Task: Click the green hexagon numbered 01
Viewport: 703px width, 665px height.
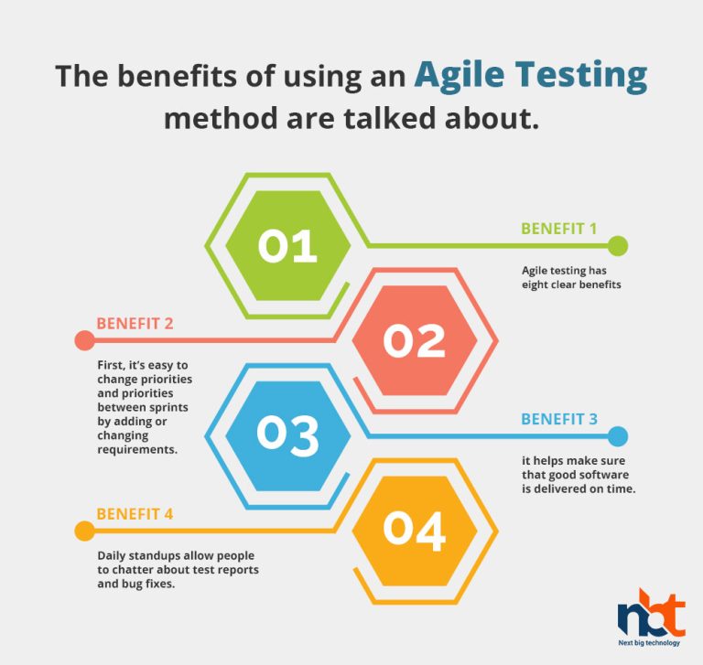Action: coord(287,245)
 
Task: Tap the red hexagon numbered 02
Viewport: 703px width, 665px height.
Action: coord(415,340)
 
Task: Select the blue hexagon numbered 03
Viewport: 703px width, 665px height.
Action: coord(287,435)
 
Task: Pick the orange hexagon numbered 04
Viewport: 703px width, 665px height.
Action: coord(415,531)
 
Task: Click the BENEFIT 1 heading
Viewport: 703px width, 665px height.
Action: coord(559,229)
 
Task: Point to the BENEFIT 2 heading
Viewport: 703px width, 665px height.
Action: coord(135,324)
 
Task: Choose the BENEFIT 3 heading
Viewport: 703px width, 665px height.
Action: coord(559,419)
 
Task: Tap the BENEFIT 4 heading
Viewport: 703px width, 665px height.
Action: coord(135,514)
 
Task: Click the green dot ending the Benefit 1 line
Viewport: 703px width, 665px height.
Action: coord(618,245)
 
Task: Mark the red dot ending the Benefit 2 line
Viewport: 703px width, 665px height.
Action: coord(85,340)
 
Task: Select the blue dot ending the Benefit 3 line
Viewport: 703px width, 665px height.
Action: coord(618,436)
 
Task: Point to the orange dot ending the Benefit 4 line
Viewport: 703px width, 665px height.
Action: coord(85,531)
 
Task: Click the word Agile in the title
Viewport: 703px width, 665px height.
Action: coord(460,75)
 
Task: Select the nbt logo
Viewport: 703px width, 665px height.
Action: coord(652,614)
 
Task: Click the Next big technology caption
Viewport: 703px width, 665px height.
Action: coord(649,643)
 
